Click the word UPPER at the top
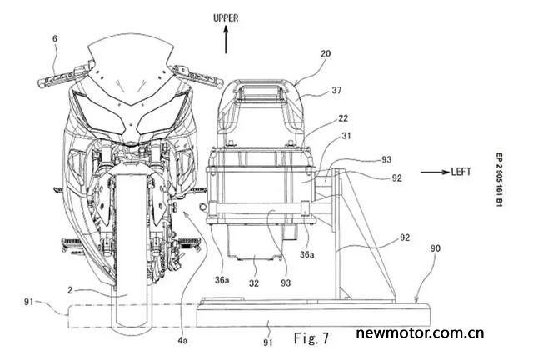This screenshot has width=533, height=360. tap(226, 18)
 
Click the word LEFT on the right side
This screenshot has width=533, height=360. tap(461, 172)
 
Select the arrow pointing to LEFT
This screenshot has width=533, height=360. tap(435, 172)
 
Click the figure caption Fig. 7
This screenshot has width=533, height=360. tap(311, 338)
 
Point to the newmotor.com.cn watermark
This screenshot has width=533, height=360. tap(420, 333)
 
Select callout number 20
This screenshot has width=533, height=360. tap(325, 54)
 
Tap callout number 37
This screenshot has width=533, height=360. tap(336, 91)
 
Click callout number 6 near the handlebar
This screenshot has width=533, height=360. tap(55, 39)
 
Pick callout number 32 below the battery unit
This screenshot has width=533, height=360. tap(253, 283)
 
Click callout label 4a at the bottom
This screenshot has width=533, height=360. tap(182, 341)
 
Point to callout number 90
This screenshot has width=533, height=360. tap(435, 248)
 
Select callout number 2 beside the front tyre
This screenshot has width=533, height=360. tap(70, 290)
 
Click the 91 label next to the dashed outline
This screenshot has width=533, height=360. tap(29, 301)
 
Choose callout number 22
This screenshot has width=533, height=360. tap(343, 118)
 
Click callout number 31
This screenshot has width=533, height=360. tap(346, 136)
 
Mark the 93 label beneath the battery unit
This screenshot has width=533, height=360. tap(286, 282)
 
